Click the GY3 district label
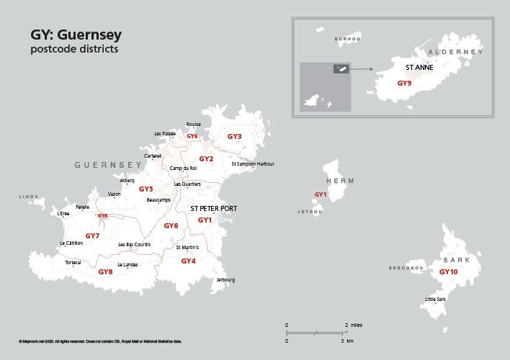coord(234,136)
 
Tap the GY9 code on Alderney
coord(404,83)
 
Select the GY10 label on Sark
coord(448,272)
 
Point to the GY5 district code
coord(146,189)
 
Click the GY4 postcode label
coord(188,261)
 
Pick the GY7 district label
coord(92,235)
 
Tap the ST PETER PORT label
coord(213,209)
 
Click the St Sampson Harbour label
coord(253,164)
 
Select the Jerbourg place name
coord(225,279)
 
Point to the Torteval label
coord(73,263)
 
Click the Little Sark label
coord(436,299)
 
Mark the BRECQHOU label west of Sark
coord(406,268)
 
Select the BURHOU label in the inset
coord(347,39)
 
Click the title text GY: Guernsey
coord(76,35)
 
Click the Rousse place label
coord(193,125)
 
